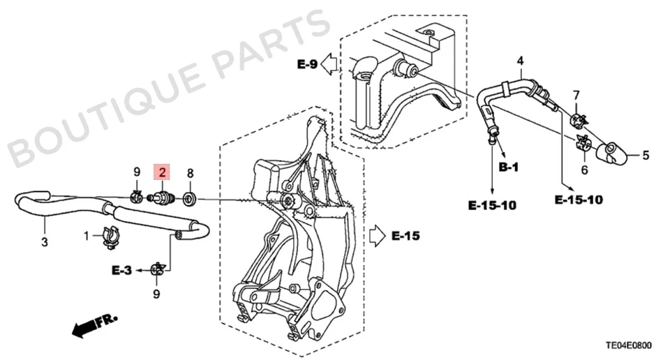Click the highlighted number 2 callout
tap(162, 172)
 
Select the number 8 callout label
tap(189, 172)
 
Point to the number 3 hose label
tap(44, 243)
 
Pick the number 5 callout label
tap(645, 155)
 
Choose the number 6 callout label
tap(576, 94)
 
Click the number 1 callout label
tap(88, 237)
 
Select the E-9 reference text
tap(307, 64)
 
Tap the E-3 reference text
tap(121, 269)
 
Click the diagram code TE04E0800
tap(630, 344)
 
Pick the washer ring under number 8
tap(189, 198)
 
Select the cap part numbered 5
tap(613, 153)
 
